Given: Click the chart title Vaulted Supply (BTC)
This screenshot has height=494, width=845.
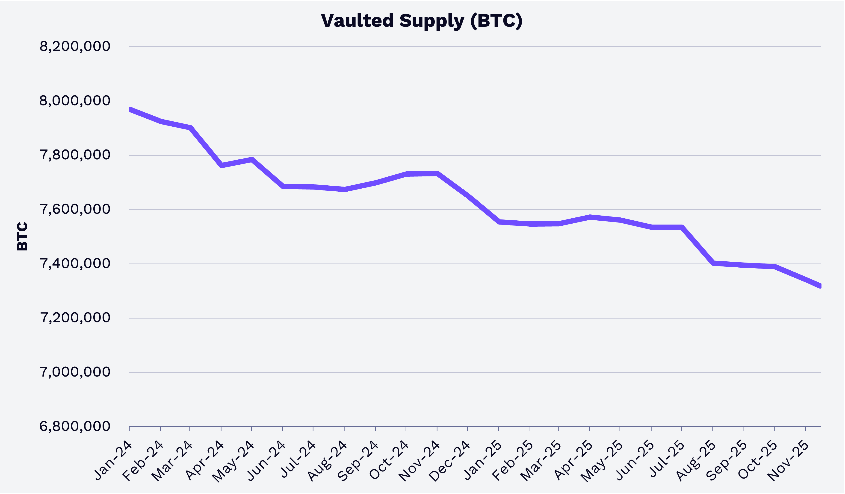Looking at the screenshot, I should coord(422,21).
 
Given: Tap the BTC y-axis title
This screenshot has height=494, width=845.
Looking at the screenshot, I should coord(22,236).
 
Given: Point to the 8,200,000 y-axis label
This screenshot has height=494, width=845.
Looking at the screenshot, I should coord(75,46).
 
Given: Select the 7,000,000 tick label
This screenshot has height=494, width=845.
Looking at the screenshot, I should coord(75,372).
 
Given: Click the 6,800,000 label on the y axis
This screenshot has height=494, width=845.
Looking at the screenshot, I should coord(75,426).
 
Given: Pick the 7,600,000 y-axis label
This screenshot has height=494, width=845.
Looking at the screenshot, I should coord(75,209).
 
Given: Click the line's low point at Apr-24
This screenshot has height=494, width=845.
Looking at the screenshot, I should coord(221,165).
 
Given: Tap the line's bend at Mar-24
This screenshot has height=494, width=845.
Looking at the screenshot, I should coord(190,128).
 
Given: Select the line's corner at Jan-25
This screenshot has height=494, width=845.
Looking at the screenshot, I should coord(499,222).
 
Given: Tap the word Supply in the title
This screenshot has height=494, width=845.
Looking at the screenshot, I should coord(431,21).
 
